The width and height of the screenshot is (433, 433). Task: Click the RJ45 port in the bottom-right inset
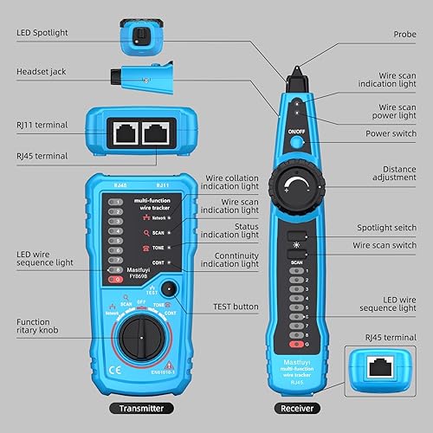[x=377, y=367]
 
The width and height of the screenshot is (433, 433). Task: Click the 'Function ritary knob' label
[x=38, y=328]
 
